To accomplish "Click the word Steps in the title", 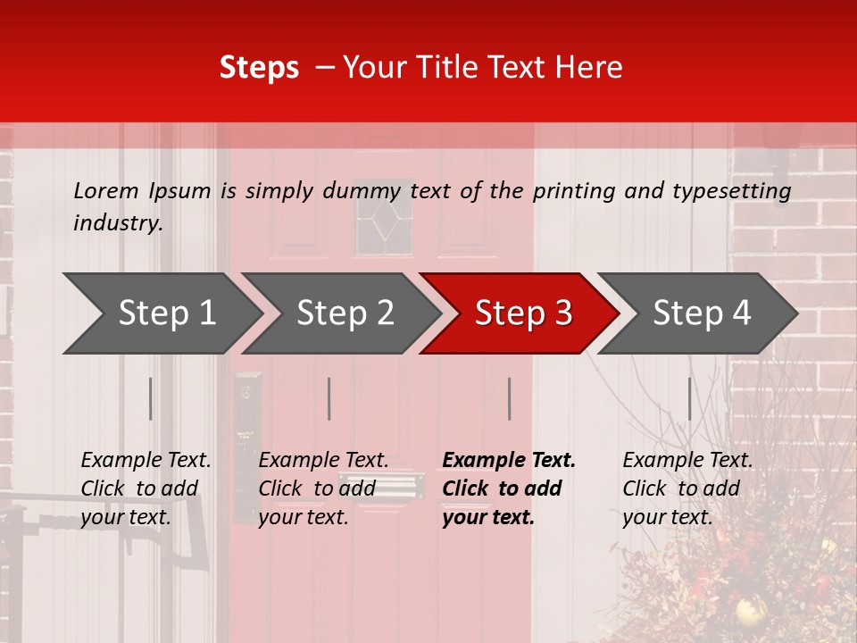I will (x=259, y=68).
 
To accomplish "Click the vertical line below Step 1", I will (x=150, y=398).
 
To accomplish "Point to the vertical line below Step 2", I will (x=329, y=398).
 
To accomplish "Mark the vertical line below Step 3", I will (x=509, y=398).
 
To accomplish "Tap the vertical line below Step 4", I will (x=689, y=398).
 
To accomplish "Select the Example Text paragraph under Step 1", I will (x=146, y=489).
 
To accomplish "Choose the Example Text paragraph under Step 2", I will (x=323, y=489).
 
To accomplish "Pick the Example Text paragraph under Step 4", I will (x=687, y=489).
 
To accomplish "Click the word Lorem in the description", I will (x=106, y=190).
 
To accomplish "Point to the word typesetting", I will (x=731, y=191).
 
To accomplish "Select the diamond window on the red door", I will (x=385, y=220).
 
